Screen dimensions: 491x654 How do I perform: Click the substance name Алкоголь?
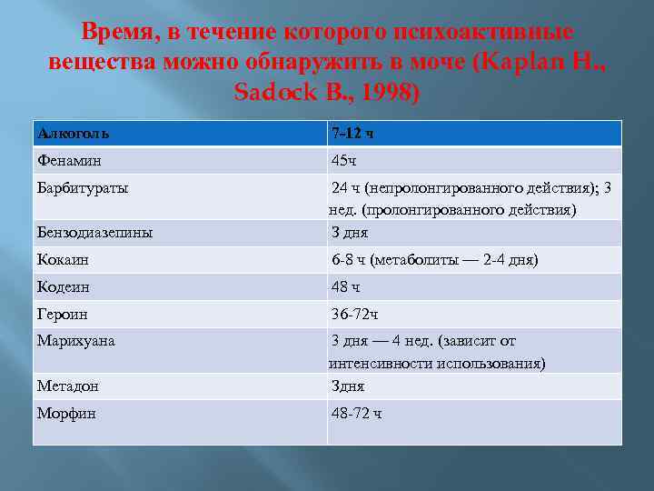pyautogui.click(x=74, y=134)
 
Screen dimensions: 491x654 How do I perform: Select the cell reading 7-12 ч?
pyautogui.click(x=352, y=134)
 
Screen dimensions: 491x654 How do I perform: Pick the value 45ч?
pyautogui.click(x=345, y=161)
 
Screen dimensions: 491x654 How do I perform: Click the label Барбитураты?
pyautogui.click(x=83, y=188)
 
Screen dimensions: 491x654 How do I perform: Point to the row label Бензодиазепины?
pyautogui.click(x=94, y=233)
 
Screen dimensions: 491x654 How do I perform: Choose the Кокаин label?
pyautogui.click(x=63, y=260)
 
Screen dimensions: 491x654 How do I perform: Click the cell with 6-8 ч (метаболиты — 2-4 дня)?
pyautogui.click(x=434, y=260)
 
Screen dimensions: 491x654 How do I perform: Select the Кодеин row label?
pyautogui.click(x=63, y=287)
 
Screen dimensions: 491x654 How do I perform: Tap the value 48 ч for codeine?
pyautogui.click(x=345, y=287)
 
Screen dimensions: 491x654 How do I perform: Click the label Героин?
pyautogui.click(x=62, y=315)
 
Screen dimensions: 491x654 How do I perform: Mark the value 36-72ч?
pyautogui.click(x=355, y=315)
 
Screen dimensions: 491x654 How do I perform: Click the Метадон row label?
pyautogui.click(x=68, y=386)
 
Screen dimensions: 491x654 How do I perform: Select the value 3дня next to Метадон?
pyautogui.click(x=348, y=386)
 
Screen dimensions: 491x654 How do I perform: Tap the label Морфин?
pyautogui.click(x=66, y=413)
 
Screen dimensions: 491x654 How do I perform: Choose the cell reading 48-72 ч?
pyautogui.click(x=357, y=413)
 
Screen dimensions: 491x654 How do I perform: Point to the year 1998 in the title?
pyautogui.click(x=382, y=93)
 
